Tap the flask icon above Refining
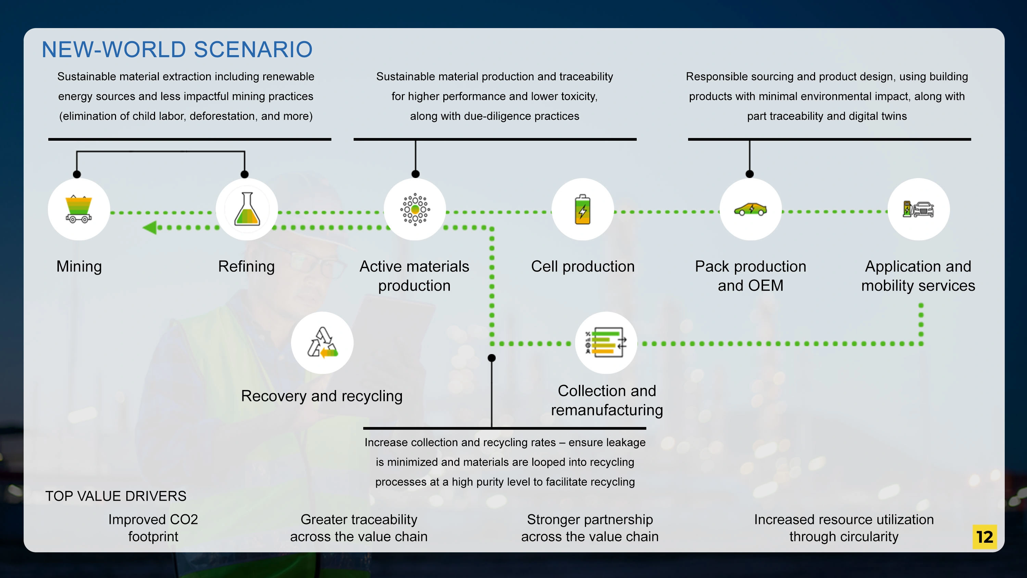coord(247,209)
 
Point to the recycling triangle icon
coord(322,343)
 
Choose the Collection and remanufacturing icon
coord(606,343)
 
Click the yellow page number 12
coord(984,537)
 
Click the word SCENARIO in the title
coord(253,49)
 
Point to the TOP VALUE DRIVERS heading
coord(116,496)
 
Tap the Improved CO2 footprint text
coord(153,528)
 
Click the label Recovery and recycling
coord(322,396)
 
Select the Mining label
coord(79,266)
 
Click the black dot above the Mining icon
coord(77,174)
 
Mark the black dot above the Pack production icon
coord(749,174)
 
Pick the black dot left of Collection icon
coord(492,358)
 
